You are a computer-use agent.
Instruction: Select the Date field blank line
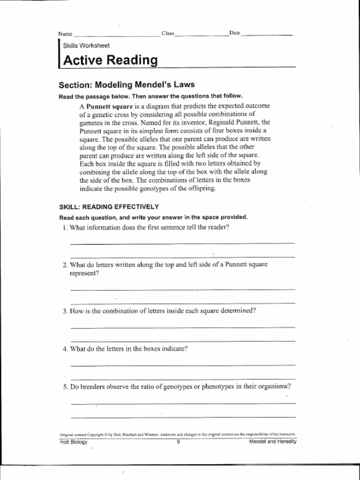(x=266, y=35)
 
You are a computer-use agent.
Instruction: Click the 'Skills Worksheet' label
(x=86, y=46)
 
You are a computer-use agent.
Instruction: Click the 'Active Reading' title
(x=110, y=60)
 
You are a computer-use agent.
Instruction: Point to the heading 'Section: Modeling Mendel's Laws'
(x=127, y=85)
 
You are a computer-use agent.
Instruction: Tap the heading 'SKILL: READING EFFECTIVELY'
(x=109, y=207)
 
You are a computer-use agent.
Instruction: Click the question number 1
(x=65, y=228)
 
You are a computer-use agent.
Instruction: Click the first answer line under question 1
(x=182, y=243)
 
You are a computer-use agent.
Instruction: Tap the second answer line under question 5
(x=183, y=417)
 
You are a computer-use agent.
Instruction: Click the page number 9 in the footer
(x=179, y=442)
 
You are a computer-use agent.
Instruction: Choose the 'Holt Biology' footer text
(x=74, y=442)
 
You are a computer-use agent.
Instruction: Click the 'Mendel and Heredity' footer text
(x=273, y=442)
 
